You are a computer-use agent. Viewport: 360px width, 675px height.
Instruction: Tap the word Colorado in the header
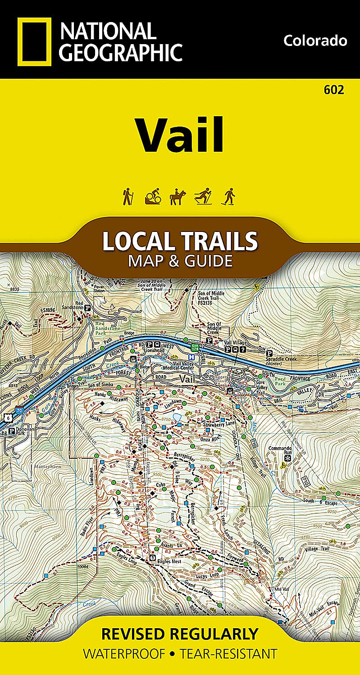pyautogui.click(x=315, y=41)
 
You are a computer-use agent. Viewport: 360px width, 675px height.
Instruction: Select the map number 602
pyautogui.click(x=334, y=90)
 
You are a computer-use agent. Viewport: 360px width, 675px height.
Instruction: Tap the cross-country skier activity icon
pyautogui.click(x=202, y=197)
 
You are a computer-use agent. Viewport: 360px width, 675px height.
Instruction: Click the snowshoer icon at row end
pyautogui.click(x=229, y=197)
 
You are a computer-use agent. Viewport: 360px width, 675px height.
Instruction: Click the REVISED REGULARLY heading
pyautogui.click(x=180, y=634)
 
